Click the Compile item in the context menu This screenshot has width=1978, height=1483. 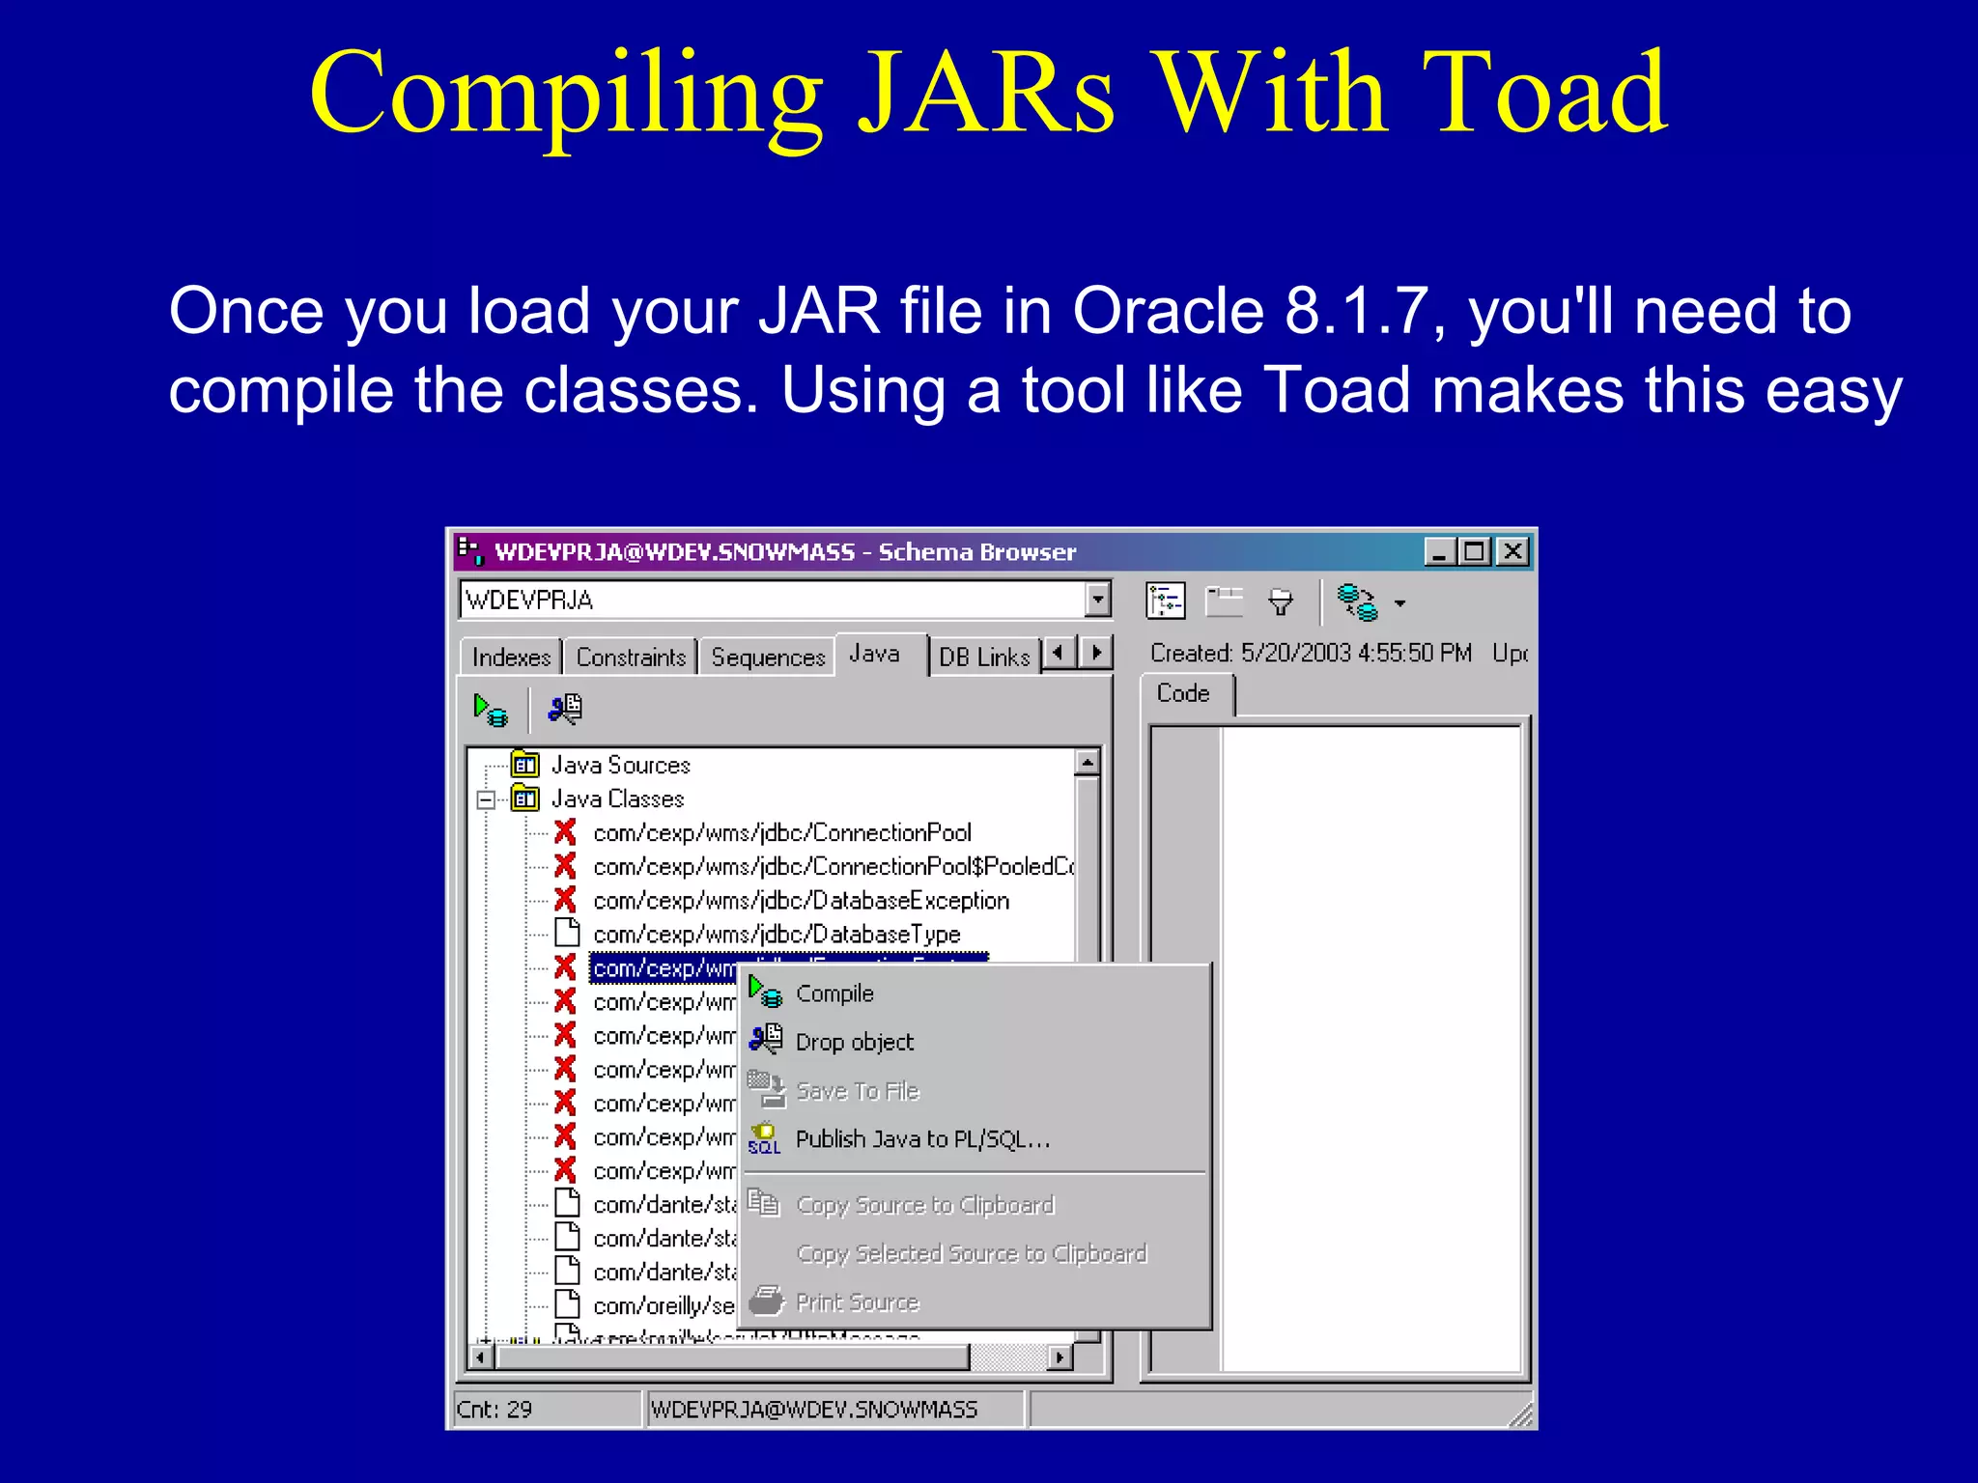[x=834, y=993]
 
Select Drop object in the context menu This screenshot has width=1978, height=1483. [x=854, y=1042]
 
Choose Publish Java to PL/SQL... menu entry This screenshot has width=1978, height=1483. [x=921, y=1139]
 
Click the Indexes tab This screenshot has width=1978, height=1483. [x=511, y=658]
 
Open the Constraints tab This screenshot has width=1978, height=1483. [x=631, y=658]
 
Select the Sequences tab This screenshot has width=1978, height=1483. [x=768, y=658]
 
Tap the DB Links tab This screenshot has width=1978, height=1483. [x=984, y=658]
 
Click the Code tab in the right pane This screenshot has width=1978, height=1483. [x=1183, y=693]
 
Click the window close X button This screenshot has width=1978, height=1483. [x=1512, y=551]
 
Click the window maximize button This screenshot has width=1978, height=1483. [x=1475, y=551]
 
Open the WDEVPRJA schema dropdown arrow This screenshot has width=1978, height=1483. [x=1097, y=600]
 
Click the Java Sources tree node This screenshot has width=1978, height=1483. [x=620, y=766]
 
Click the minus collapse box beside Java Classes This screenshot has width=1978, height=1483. [x=486, y=799]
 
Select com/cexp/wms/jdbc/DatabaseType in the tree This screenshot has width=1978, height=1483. [x=777, y=935]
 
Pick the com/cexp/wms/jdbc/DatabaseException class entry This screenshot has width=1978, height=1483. [x=801, y=901]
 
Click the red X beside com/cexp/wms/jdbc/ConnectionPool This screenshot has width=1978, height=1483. [x=565, y=832]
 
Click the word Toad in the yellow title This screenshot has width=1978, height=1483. [x=1544, y=94]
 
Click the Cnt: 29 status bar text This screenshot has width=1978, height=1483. [x=494, y=1410]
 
